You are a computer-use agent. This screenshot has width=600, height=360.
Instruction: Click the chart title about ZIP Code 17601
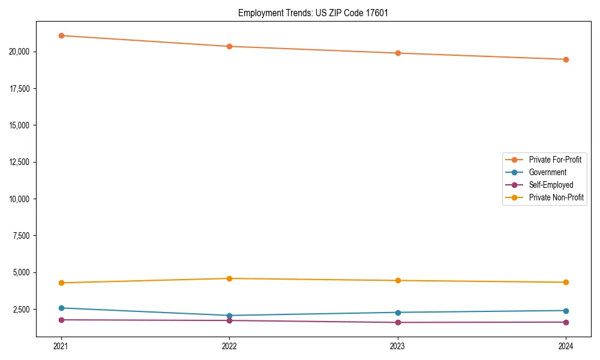[x=313, y=13]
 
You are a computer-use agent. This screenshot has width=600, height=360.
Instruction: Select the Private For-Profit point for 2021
[x=61, y=35]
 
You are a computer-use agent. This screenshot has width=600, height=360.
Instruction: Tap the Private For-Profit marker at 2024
[x=566, y=59]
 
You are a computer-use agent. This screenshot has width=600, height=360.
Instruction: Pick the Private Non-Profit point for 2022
[x=229, y=278]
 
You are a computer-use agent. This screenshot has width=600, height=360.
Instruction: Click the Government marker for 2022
[x=229, y=316]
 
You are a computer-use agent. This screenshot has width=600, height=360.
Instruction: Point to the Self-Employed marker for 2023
[x=398, y=323]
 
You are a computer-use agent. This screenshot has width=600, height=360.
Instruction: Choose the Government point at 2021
[x=61, y=308]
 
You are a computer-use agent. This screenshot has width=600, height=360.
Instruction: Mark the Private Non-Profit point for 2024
[x=566, y=283]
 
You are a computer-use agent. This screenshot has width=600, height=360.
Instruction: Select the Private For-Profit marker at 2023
[x=398, y=53]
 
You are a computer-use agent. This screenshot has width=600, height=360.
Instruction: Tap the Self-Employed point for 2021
[x=61, y=320]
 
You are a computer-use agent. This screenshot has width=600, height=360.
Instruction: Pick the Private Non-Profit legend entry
[x=556, y=197]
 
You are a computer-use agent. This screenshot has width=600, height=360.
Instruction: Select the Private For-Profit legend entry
[x=554, y=160]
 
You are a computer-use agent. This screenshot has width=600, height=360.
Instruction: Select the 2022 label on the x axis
[x=229, y=346]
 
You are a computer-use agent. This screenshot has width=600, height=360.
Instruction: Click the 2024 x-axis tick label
[x=566, y=346]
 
